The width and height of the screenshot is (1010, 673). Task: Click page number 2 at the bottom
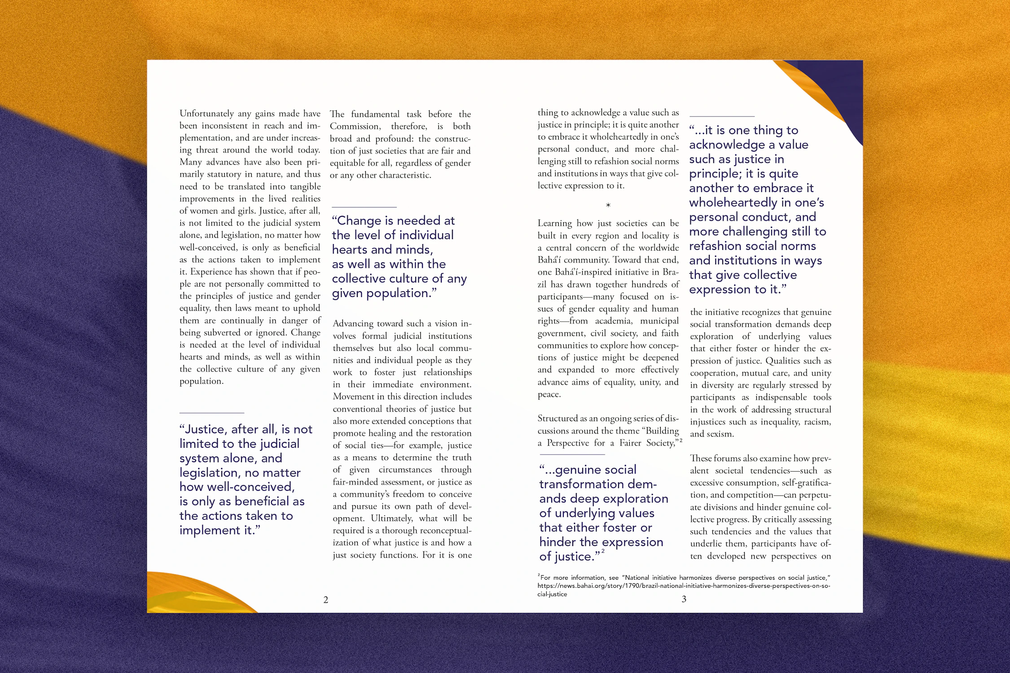(325, 600)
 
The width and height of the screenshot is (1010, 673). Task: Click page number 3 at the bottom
(684, 599)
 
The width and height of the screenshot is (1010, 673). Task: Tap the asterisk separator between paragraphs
(608, 205)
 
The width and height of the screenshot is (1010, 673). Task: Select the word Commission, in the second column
(355, 127)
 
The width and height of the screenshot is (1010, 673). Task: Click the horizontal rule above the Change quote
(364, 207)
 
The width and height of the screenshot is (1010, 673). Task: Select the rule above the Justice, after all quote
(212, 413)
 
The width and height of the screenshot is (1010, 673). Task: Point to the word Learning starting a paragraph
(555, 223)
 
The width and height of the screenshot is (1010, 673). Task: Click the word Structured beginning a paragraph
(558, 419)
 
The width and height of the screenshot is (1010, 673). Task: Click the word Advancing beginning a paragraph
(353, 324)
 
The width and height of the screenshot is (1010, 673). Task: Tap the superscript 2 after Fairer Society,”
(681, 441)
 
